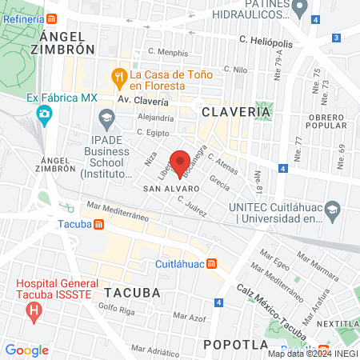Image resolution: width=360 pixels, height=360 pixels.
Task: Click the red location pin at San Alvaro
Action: pyautogui.click(x=180, y=159)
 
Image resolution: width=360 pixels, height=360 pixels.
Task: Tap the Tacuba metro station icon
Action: pyautogui.click(x=98, y=223)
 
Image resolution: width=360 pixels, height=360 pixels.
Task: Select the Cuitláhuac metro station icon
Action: pyautogui.click(x=211, y=264)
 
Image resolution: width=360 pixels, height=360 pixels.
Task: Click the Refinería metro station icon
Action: pyautogui.click(x=52, y=18)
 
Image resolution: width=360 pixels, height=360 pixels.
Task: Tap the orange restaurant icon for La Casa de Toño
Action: pyautogui.click(x=119, y=77)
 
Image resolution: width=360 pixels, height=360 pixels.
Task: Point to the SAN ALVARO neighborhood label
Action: pyautogui.click(x=166, y=189)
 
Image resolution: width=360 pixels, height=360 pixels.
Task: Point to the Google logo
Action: pyautogui.click(x=26, y=350)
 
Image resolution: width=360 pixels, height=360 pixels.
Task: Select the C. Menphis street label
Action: pyautogui.click(x=168, y=53)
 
